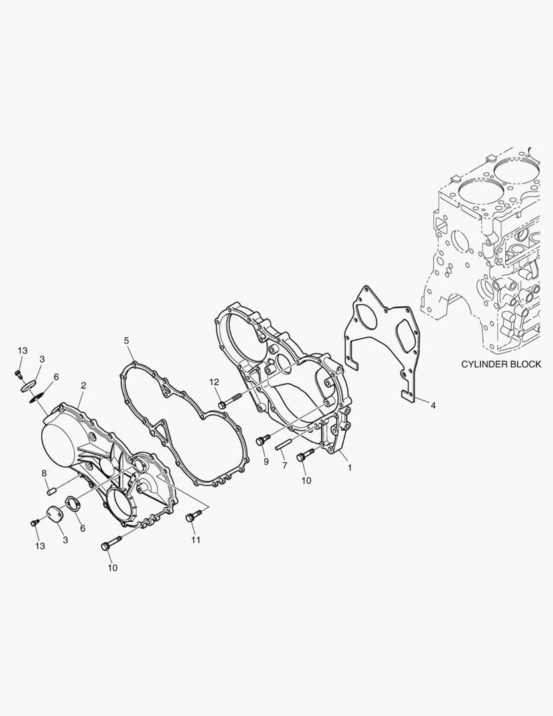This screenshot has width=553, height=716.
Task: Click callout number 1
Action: click(350, 467)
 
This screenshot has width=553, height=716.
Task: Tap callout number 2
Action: click(83, 386)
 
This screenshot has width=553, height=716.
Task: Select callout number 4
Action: click(433, 405)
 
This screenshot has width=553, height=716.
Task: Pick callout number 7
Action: click(285, 465)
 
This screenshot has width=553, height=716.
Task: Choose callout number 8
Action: click(44, 473)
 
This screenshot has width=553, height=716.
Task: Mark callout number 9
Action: click(266, 461)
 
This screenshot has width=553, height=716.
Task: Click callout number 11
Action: click(196, 540)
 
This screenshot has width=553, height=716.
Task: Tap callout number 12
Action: click(214, 382)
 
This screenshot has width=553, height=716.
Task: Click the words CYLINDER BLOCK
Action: click(501, 364)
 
